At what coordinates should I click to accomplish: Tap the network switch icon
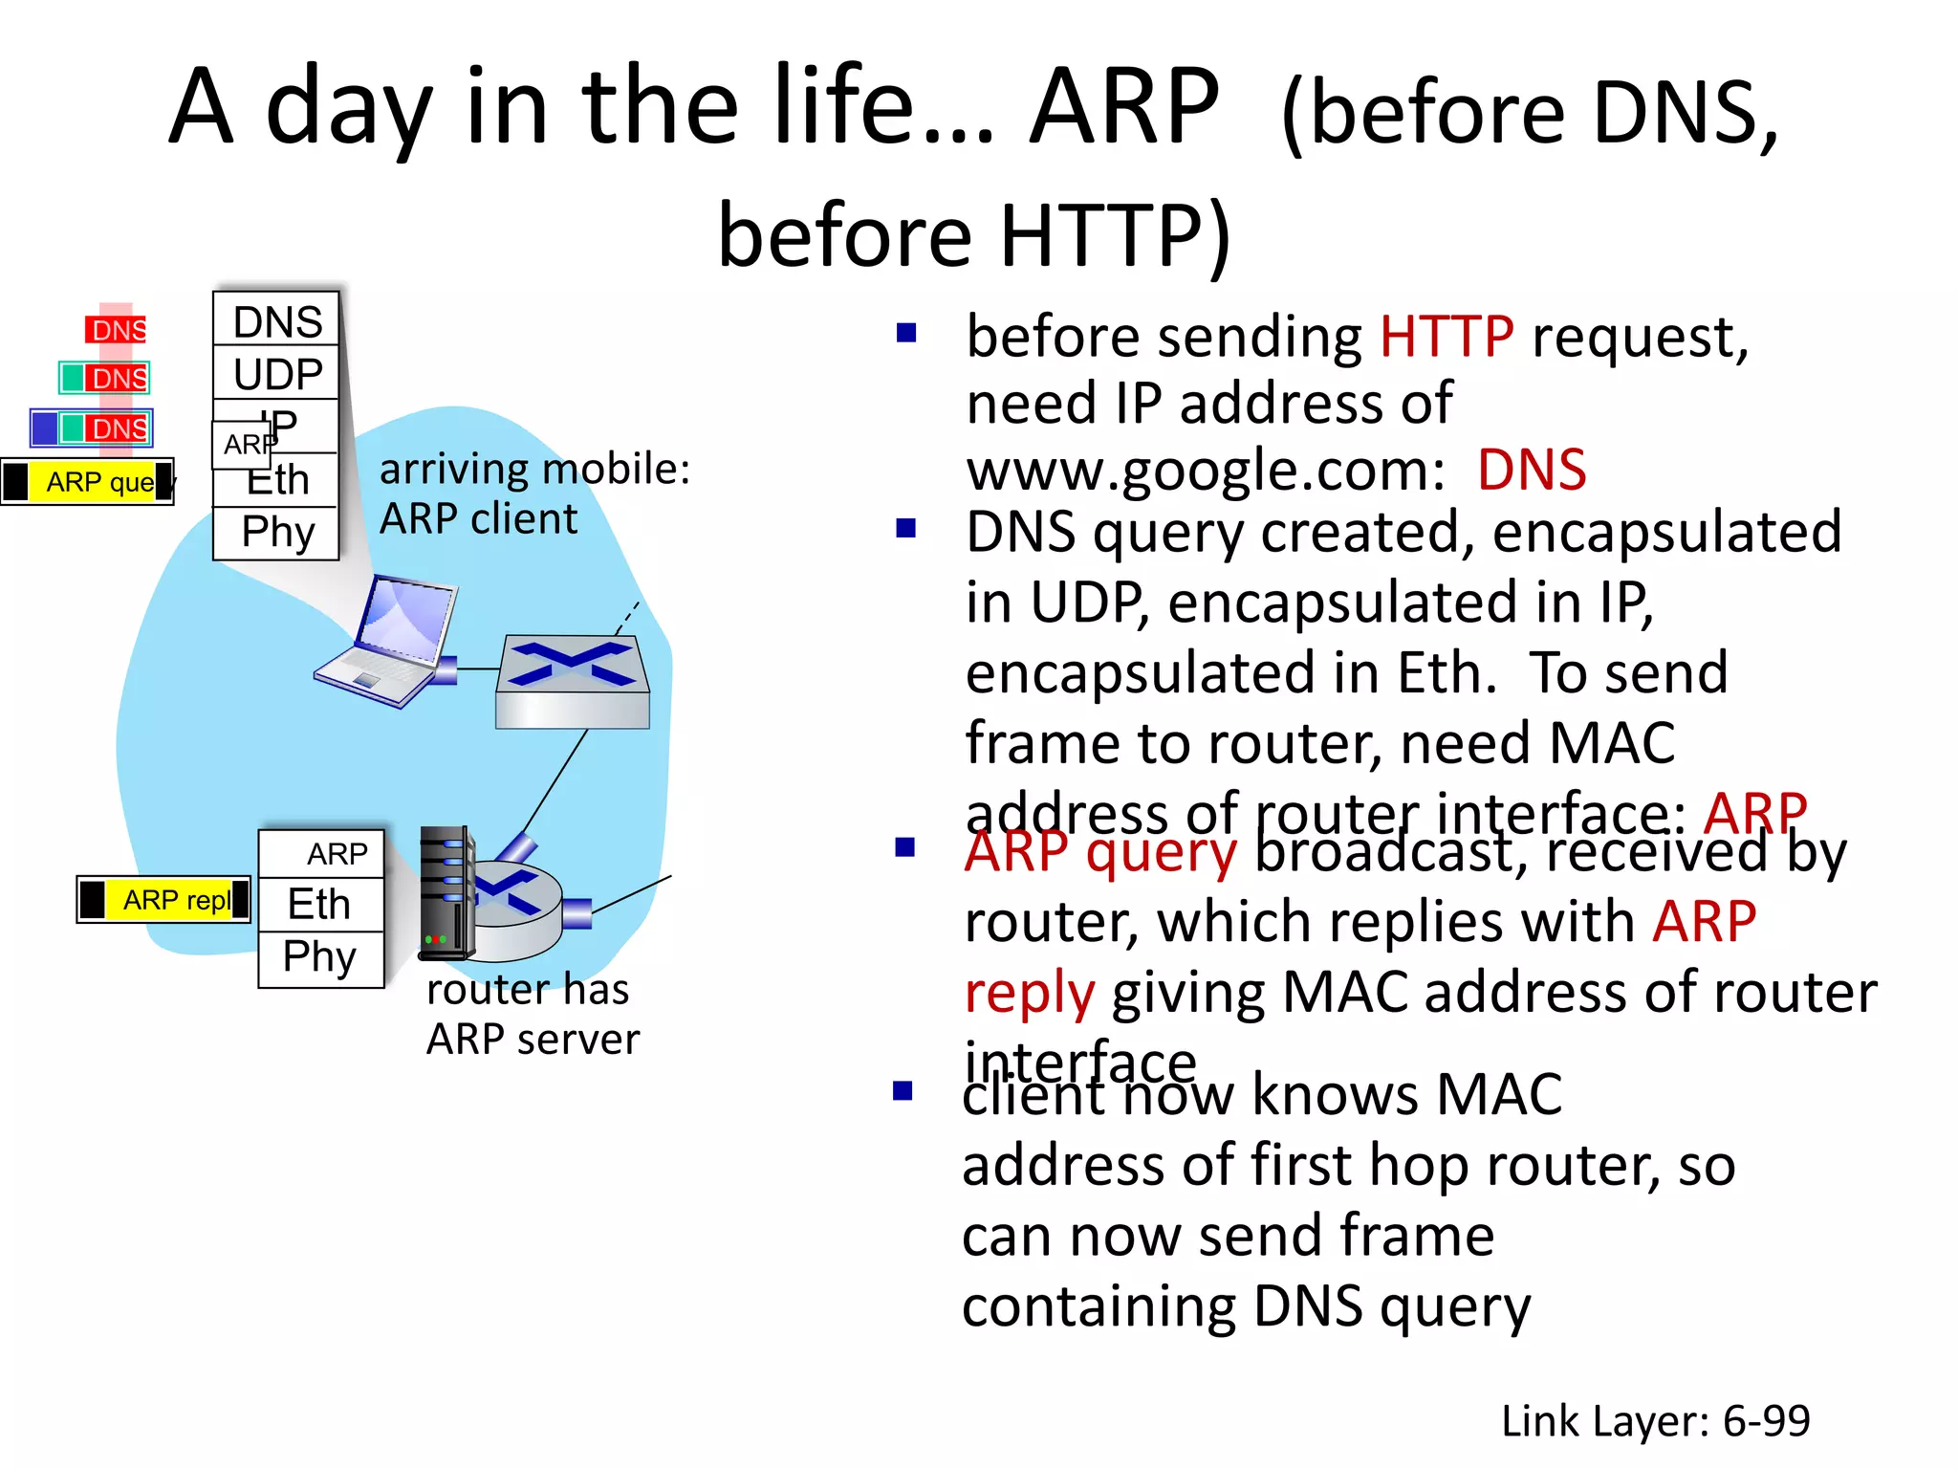tap(572, 681)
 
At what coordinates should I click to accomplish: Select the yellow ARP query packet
tap(89, 481)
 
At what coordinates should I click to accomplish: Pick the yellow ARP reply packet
tap(163, 900)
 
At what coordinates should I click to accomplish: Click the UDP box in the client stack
tap(276, 374)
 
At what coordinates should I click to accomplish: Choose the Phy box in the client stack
tap(276, 533)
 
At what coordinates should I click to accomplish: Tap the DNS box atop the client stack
tap(276, 321)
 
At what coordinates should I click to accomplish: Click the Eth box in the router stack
tap(320, 904)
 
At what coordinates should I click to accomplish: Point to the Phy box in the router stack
tap(320, 957)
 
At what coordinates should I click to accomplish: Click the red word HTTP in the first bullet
tap(1446, 337)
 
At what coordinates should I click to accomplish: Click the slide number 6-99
tap(1766, 1421)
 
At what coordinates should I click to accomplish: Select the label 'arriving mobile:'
tap(534, 470)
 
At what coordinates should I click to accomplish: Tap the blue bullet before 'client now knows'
tap(903, 1091)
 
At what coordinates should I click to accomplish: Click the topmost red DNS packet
tap(117, 330)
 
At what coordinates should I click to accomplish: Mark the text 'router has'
tap(528, 990)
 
